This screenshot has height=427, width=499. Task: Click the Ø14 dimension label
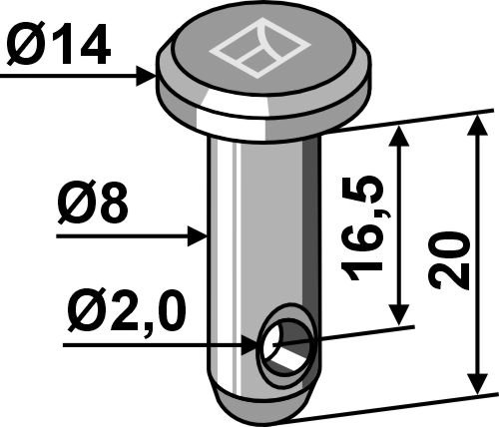click(x=59, y=44)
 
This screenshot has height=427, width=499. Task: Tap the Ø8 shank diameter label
click(x=93, y=203)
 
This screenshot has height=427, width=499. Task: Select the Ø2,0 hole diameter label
click(x=126, y=312)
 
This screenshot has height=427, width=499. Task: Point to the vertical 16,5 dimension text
click(x=363, y=226)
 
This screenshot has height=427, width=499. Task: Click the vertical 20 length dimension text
click(x=449, y=260)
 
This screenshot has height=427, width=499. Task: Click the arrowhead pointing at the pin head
click(x=146, y=76)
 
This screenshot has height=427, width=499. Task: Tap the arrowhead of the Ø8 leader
click(x=198, y=236)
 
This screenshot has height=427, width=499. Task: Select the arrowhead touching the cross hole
click(x=249, y=346)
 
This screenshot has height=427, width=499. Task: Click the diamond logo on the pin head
click(x=259, y=50)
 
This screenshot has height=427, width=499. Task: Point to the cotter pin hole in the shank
click(x=285, y=345)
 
